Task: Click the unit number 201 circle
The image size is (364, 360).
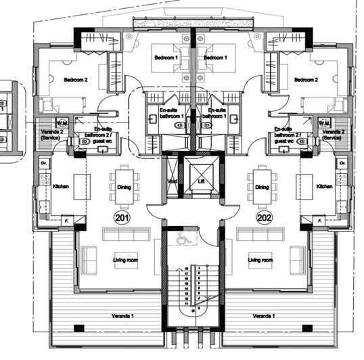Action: [121, 218]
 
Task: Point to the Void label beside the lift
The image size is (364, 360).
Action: [173, 182]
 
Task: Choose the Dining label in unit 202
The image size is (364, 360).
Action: [263, 187]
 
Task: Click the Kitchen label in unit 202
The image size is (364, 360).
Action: [323, 186]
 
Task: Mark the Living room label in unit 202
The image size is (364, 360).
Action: [260, 260]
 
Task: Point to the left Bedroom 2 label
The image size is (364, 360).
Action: [76, 80]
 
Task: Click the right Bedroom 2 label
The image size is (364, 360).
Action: [306, 80]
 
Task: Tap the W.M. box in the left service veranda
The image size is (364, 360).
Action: [62, 122]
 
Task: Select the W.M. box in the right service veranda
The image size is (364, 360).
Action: [324, 122]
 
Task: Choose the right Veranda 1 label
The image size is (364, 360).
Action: [265, 317]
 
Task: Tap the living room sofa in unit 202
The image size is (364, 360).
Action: [260, 233]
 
